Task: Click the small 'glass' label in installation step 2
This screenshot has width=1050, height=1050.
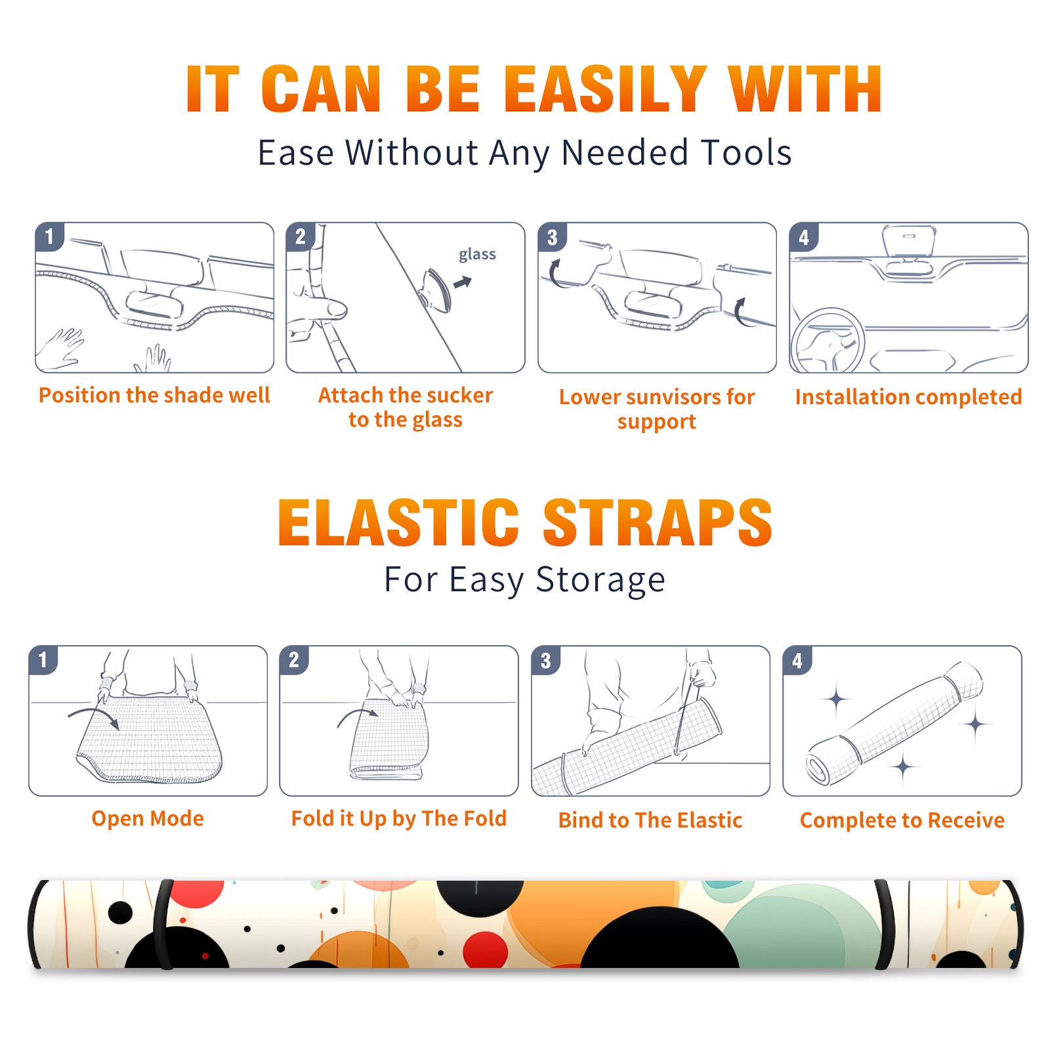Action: click(477, 255)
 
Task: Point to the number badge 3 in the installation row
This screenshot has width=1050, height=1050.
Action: click(552, 237)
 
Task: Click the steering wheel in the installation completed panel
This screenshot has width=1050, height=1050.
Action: click(828, 341)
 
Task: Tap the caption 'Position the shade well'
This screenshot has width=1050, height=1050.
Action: click(154, 395)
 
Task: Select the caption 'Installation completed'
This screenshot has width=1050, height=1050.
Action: click(908, 397)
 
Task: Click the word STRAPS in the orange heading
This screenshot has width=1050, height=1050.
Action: click(658, 522)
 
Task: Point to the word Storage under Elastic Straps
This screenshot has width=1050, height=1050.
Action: click(600, 580)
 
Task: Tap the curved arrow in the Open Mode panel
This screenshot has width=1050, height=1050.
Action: click(94, 717)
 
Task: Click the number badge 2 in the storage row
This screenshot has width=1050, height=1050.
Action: click(294, 660)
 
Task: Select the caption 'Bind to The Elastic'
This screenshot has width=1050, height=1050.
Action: click(650, 820)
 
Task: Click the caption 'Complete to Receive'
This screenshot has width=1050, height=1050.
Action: click(902, 820)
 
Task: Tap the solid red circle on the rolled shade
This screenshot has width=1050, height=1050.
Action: click(486, 950)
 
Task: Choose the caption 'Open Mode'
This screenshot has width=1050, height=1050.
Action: click(148, 818)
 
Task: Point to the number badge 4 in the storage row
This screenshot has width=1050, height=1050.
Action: click(797, 660)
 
